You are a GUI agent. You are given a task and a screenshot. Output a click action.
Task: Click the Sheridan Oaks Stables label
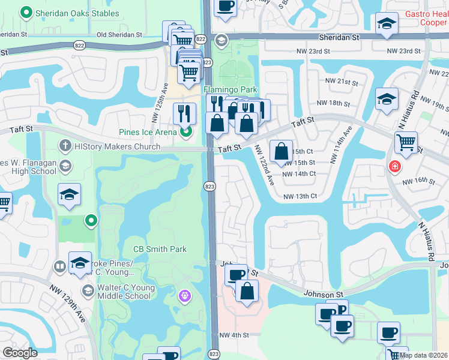tap(68, 12)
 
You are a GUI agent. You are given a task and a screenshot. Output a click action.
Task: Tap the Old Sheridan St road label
tap(119, 34)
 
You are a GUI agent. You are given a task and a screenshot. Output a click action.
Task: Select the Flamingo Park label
tap(231, 89)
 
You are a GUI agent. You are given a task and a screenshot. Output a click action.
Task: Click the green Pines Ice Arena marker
tap(186, 131)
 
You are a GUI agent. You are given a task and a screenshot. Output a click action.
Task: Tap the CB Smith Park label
tap(160, 249)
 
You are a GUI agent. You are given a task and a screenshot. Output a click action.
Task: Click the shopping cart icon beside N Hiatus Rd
tap(406, 143)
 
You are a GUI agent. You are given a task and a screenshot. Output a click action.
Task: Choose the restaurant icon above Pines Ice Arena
tap(185, 113)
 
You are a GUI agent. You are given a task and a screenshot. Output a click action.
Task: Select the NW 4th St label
tap(234, 335)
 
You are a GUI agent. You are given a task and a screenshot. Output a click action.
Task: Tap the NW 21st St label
tap(341, 81)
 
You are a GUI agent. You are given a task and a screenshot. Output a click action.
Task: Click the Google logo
tap(20, 353)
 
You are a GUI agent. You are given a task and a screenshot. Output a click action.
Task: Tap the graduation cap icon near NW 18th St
tap(387, 98)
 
